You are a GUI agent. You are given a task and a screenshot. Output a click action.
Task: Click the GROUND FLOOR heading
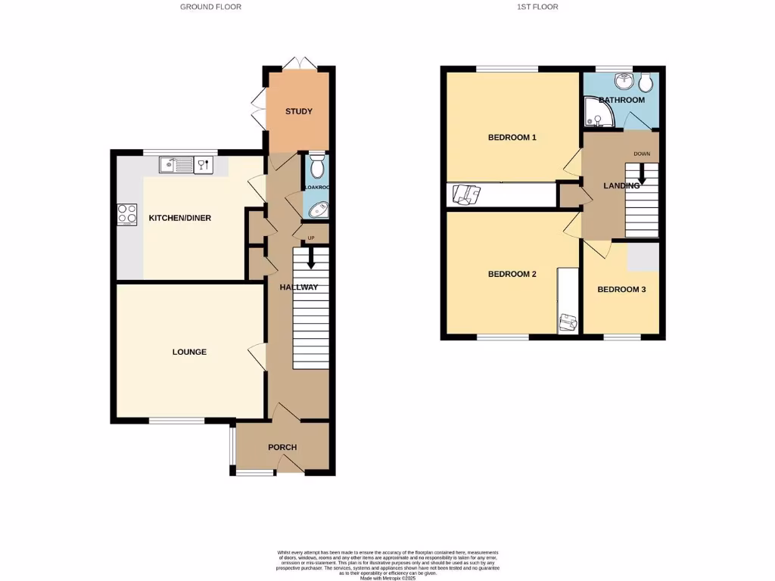point(210,7)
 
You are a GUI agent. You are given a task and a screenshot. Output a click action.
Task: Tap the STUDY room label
point(299,112)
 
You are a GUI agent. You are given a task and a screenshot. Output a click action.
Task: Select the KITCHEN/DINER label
point(179,218)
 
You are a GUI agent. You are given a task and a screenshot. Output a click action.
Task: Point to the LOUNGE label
point(189,352)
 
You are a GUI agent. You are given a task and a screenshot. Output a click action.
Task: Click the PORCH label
point(282,447)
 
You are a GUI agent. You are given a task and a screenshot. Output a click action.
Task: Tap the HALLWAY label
point(298,287)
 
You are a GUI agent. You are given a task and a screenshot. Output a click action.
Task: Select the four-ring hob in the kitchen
point(127,214)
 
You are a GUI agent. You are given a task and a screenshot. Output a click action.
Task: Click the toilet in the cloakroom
point(316,164)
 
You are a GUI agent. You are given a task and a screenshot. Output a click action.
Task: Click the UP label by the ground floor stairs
point(310,239)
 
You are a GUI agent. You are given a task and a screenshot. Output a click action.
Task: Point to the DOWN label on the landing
point(642,154)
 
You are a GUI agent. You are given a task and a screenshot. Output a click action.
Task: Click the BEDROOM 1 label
point(512,138)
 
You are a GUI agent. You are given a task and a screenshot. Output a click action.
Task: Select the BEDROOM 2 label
point(512,274)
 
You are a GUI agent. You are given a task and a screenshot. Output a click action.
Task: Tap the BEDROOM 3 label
point(621,290)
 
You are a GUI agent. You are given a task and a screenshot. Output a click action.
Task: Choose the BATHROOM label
point(621,100)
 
